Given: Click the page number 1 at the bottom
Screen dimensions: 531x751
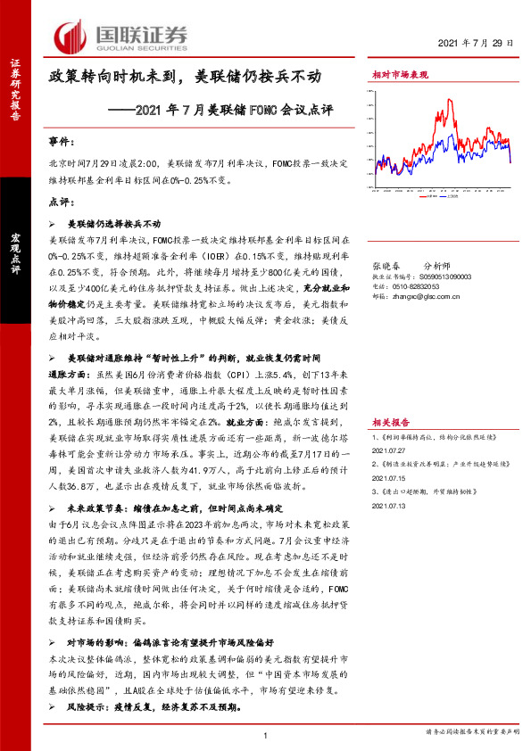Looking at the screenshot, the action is [x=266, y=735].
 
